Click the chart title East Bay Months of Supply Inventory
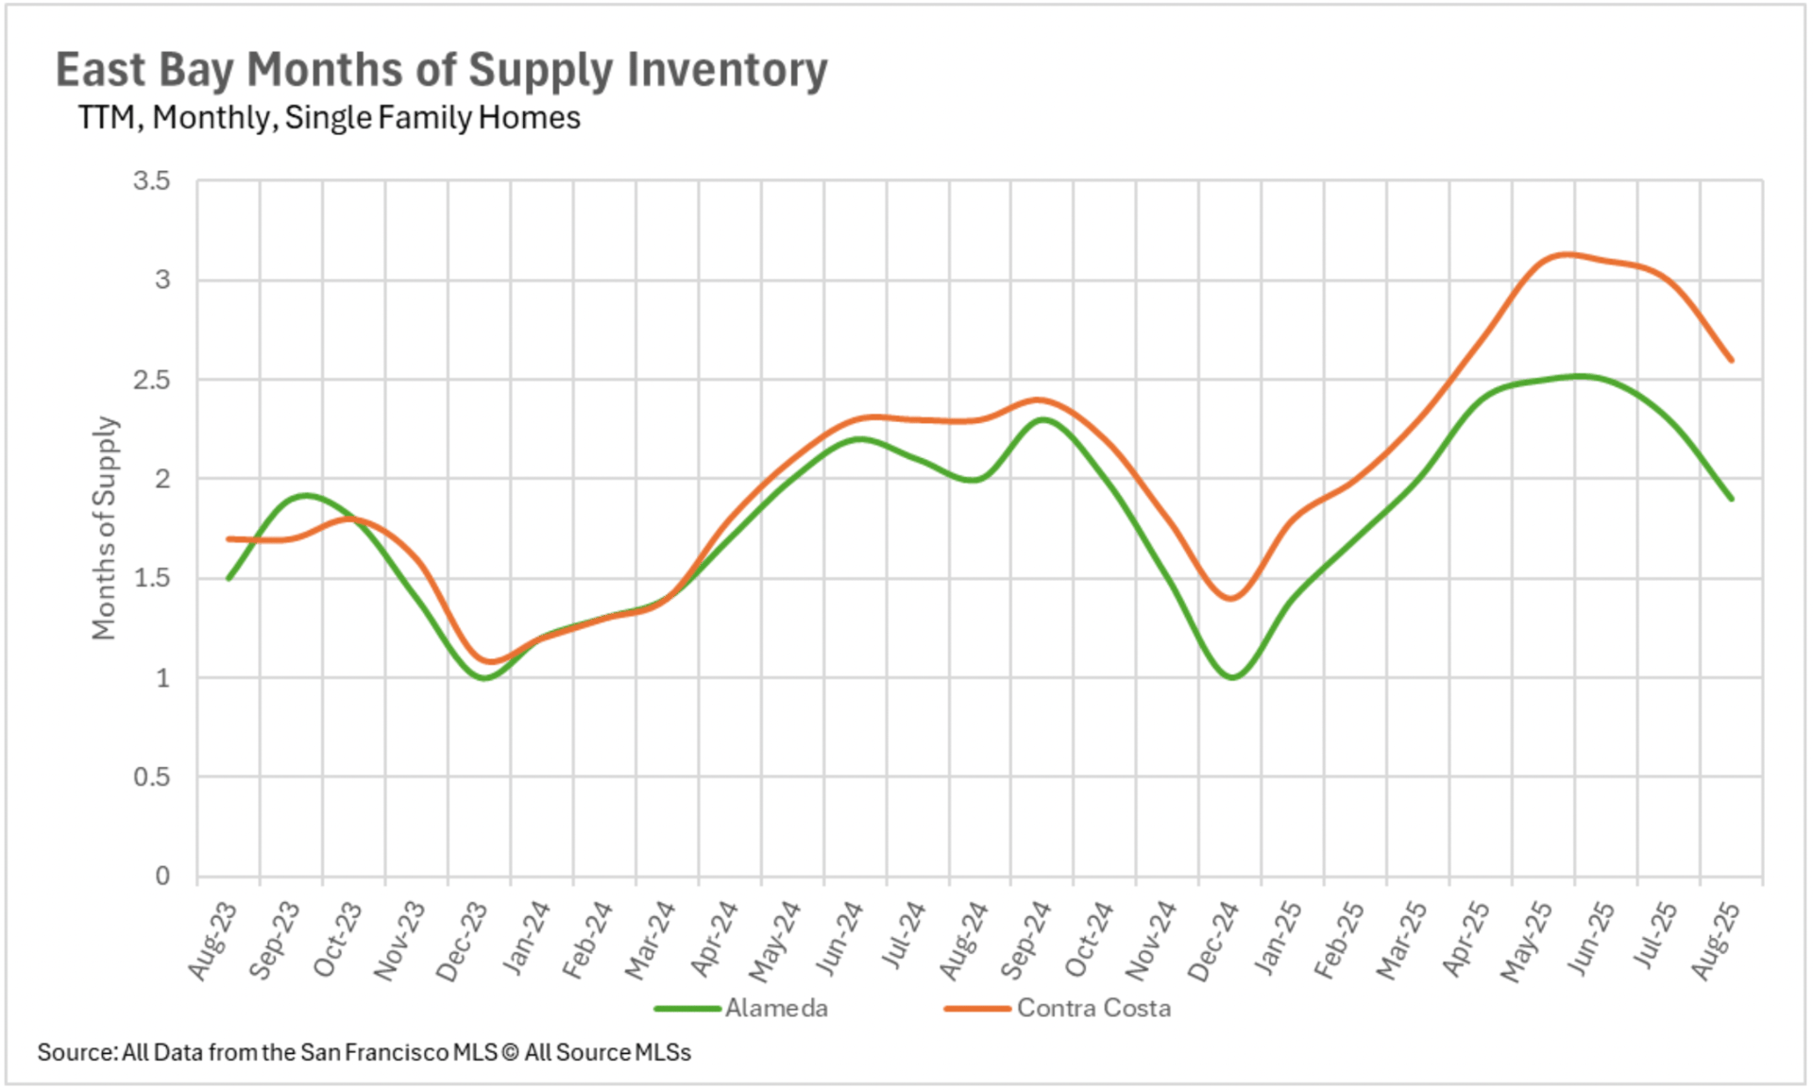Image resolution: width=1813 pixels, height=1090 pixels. [x=441, y=70]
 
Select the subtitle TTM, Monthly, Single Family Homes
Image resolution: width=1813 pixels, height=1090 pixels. [x=329, y=118]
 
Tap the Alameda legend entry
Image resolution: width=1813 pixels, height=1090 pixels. [x=775, y=1009]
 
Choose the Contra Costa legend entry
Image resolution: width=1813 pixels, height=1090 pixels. [x=1093, y=1009]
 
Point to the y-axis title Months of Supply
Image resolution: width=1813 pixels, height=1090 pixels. [x=104, y=528]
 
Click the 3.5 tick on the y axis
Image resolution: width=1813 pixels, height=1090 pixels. [x=152, y=180]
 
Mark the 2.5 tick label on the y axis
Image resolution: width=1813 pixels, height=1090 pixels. [x=152, y=380]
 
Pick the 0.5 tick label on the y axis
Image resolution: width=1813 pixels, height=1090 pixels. [x=152, y=777]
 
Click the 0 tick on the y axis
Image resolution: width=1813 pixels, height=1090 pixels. [x=162, y=877]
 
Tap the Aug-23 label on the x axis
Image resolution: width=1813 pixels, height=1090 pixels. [x=212, y=941]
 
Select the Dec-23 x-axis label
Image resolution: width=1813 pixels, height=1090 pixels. [x=462, y=941]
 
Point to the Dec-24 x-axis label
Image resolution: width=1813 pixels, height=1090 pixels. [x=1213, y=941]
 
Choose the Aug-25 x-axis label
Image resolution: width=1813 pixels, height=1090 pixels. [x=1715, y=941]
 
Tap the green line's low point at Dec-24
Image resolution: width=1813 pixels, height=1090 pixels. [x=1232, y=677]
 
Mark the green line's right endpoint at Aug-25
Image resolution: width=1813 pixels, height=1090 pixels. [x=1731, y=499]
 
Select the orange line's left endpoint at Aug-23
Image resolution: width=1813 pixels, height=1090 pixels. [x=229, y=538]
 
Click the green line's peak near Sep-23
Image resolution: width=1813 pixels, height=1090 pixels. [x=304, y=495]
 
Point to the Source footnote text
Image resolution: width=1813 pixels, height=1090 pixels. [x=364, y=1052]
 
